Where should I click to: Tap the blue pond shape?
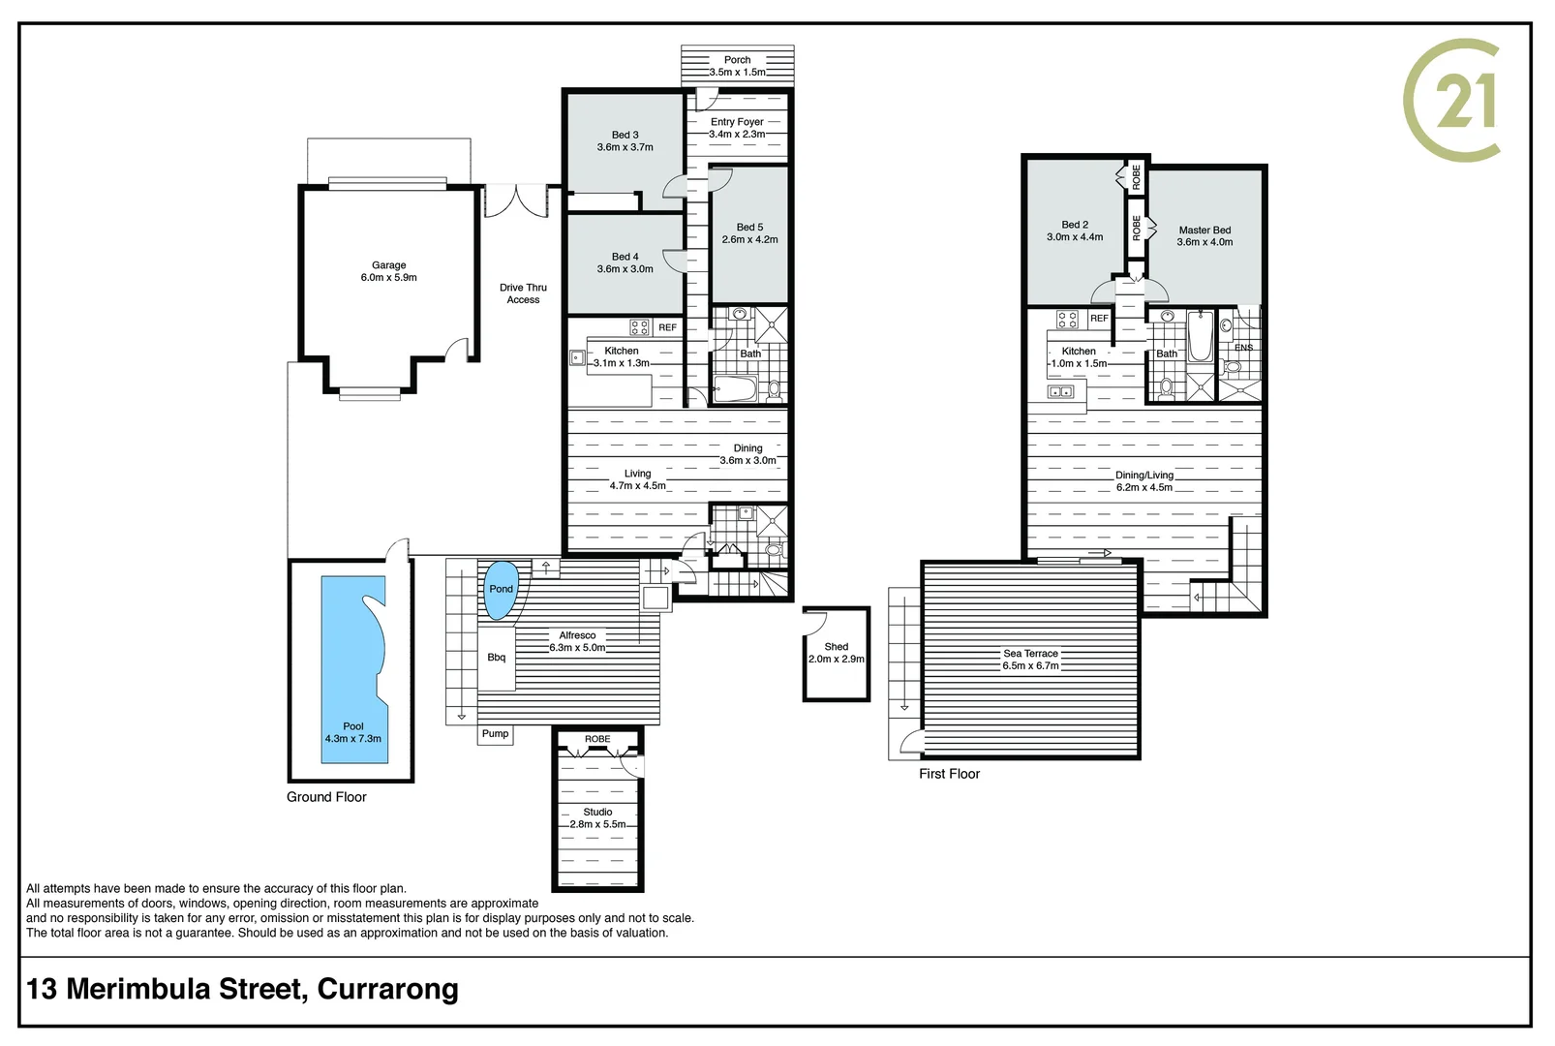[x=501, y=590]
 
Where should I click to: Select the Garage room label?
[x=389, y=265]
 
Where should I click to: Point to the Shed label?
[x=836, y=647]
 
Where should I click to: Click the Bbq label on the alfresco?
[x=497, y=657]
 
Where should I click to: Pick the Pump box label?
[x=495, y=733]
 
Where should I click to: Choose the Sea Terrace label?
[x=1030, y=654]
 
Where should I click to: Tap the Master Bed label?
[x=1204, y=230]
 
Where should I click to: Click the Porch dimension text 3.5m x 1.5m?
[x=737, y=73]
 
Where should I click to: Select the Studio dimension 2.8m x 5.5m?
[x=597, y=824]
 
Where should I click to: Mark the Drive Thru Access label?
[x=524, y=293]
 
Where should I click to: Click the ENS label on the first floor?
[x=1243, y=348]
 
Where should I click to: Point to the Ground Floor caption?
[x=326, y=797]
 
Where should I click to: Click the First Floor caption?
[x=949, y=774]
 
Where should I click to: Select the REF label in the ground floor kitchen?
[x=667, y=327]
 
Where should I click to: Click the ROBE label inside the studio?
[x=597, y=739]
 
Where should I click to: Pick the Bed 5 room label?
[x=749, y=228]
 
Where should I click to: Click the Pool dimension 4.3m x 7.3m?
[x=353, y=738]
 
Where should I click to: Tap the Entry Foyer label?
[x=737, y=121]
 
